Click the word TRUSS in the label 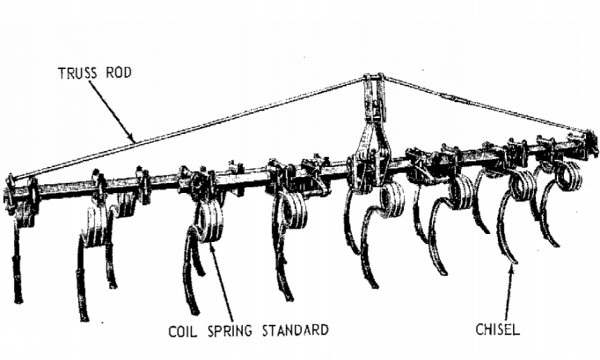pyautogui.click(x=78, y=73)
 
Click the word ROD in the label pyautogui.click(x=119, y=73)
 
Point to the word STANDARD pyautogui.click(x=295, y=330)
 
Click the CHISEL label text pyautogui.click(x=497, y=329)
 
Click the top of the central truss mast pyautogui.click(x=373, y=77)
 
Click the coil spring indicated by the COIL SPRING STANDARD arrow pyautogui.click(x=209, y=221)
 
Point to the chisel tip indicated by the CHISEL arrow pyautogui.click(x=514, y=261)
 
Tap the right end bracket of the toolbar pyautogui.click(x=590, y=142)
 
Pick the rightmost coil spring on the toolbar pyautogui.click(x=568, y=176)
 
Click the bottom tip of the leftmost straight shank pyautogui.click(x=18, y=300)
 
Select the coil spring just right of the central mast pyautogui.click(x=391, y=200)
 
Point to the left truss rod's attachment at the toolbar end pyautogui.click(x=11, y=179)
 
